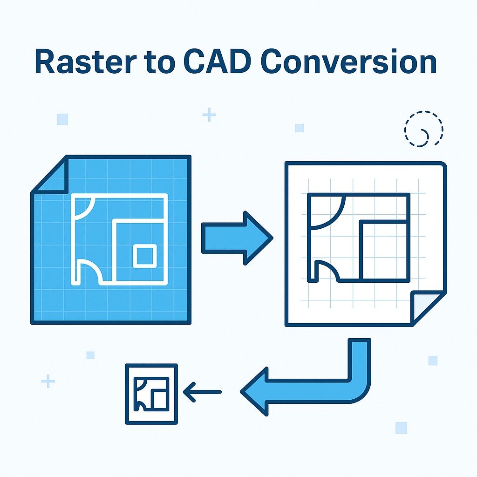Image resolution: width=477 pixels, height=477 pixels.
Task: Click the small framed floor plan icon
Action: [x=151, y=394]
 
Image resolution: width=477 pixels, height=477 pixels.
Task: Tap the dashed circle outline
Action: [x=423, y=129]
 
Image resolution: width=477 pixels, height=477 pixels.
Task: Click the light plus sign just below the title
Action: [x=209, y=115]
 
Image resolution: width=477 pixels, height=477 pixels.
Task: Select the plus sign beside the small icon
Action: [x=48, y=382]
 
